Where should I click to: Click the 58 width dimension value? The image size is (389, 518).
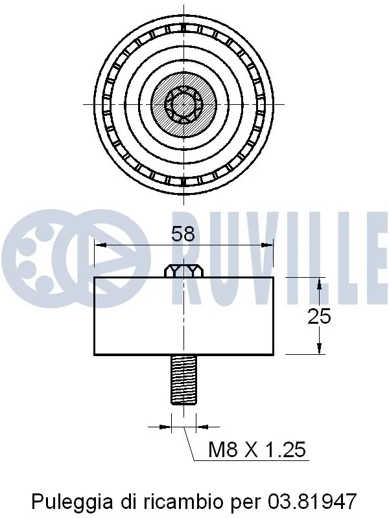(183, 234)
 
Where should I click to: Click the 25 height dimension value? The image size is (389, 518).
(319, 316)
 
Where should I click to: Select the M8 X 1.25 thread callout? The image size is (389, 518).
(257, 449)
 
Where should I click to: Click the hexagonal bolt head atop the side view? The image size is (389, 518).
(183, 271)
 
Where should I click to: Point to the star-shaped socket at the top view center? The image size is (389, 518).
(183, 104)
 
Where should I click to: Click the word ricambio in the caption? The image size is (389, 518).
(183, 501)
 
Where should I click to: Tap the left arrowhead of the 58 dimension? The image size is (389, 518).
(99, 245)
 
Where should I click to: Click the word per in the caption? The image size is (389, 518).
(244, 501)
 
